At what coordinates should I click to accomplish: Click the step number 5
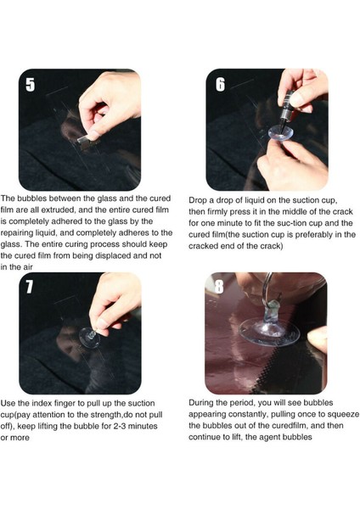pyautogui.click(x=30, y=84)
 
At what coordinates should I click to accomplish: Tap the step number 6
pyautogui.click(x=220, y=84)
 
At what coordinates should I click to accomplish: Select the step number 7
pyautogui.click(x=29, y=287)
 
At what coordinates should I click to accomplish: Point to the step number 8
pyautogui.click(x=219, y=287)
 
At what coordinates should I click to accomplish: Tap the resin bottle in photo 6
pyautogui.click(x=287, y=109)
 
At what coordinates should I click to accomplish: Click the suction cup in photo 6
pyautogui.click(x=281, y=133)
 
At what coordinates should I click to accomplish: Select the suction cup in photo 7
pyautogui.click(x=90, y=338)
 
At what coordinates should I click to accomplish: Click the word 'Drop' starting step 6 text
pyautogui.click(x=197, y=200)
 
